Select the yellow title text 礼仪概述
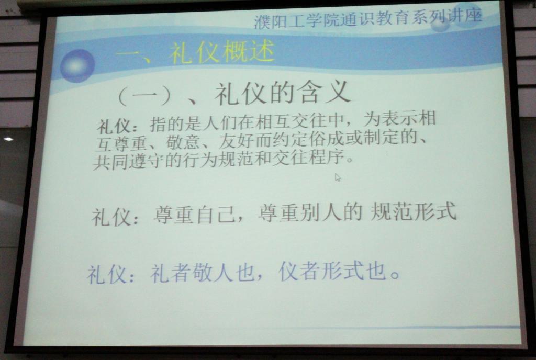[x=221, y=52]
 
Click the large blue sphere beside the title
[x=77, y=66]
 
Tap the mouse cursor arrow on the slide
[x=338, y=177]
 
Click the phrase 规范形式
[x=414, y=211]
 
